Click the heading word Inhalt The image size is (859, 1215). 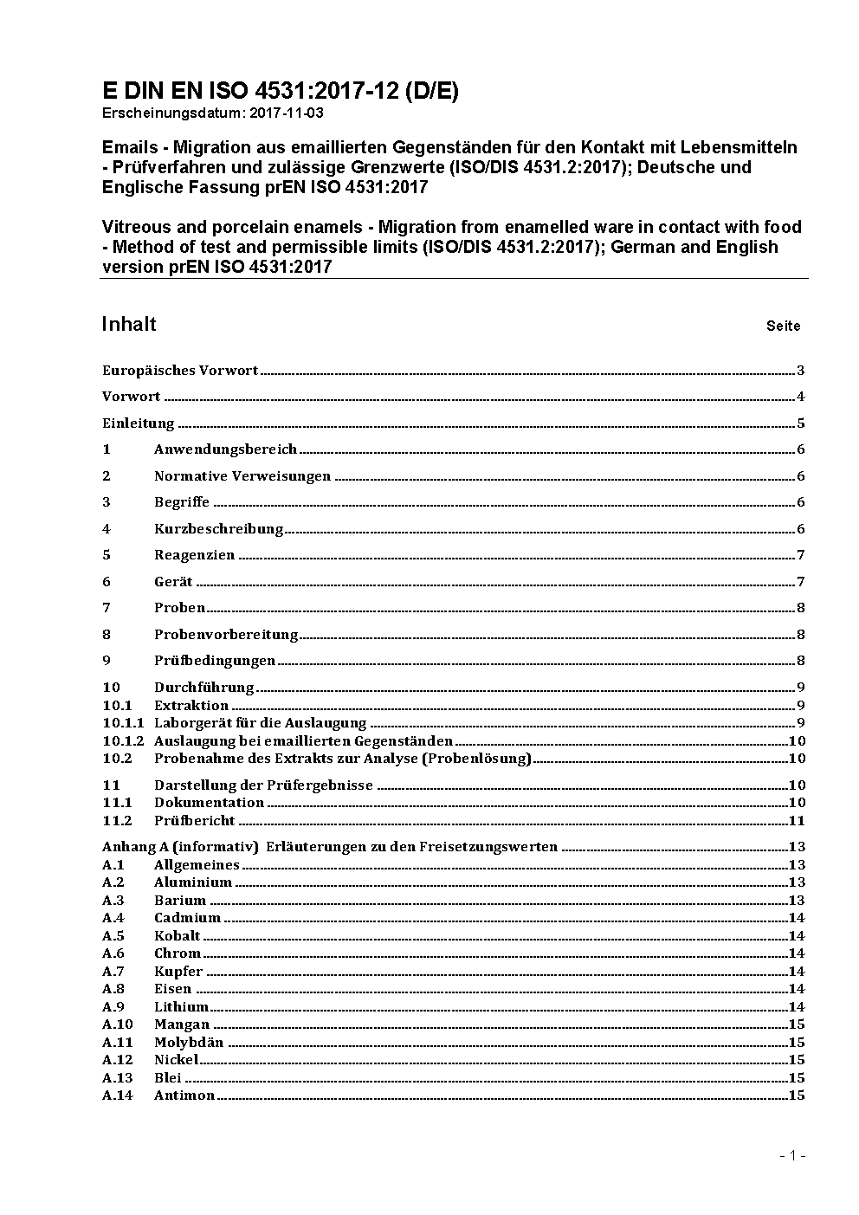coord(129,324)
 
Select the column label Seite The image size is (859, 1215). coord(783,326)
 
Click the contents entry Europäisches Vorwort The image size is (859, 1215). coord(180,371)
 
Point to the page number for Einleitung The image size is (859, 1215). coord(801,423)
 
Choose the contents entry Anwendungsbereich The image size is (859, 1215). coord(225,449)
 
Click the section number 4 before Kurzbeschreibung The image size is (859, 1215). coord(107,528)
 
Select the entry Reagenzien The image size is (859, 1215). coord(194,555)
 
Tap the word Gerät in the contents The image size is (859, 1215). coord(173,582)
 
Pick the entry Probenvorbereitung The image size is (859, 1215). coord(226,635)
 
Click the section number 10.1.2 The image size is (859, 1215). coord(123,741)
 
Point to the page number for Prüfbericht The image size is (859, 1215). coord(797,821)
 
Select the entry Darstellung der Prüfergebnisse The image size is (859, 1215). coord(263,785)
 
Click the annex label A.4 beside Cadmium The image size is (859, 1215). coord(113,918)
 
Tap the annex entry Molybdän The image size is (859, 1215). coord(189,1043)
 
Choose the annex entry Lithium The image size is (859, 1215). coord(181,1007)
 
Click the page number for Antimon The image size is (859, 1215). coord(797,1095)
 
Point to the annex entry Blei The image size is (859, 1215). coord(168,1078)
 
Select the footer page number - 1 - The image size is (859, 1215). coord(792,1155)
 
